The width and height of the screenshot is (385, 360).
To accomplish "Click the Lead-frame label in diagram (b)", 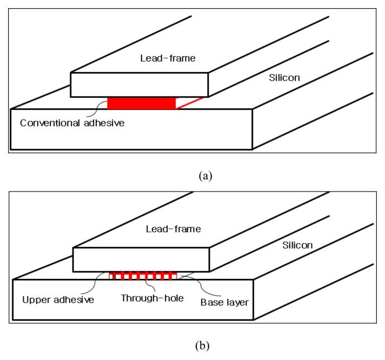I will [173, 229].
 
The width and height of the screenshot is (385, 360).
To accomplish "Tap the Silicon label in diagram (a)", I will [284, 77].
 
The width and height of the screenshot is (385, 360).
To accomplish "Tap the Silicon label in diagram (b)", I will [298, 245].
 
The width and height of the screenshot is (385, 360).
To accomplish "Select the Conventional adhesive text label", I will [72, 123].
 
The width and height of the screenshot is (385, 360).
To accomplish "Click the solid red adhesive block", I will [142, 103].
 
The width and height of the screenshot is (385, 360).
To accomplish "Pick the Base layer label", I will [224, 302].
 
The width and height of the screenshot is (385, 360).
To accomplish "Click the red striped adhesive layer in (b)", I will [143, 276].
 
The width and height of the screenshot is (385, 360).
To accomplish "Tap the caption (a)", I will [205, 175].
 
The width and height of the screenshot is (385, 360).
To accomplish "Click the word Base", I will [211, 302].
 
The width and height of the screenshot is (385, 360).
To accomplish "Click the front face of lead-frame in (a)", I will [140, 84].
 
